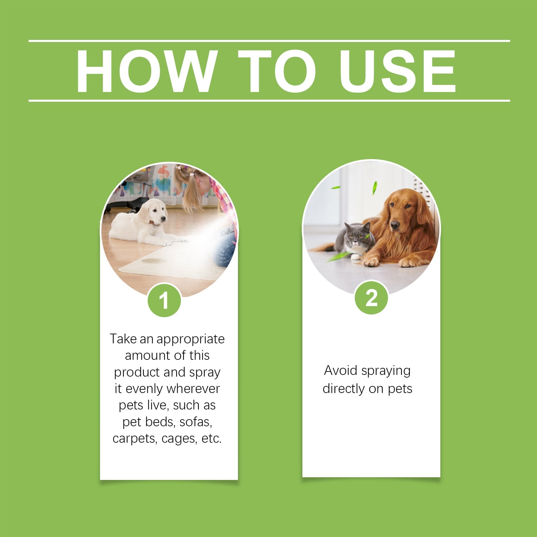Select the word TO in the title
277,71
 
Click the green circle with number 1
164,300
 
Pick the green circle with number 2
371,297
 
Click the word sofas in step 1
196,422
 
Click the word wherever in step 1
193,389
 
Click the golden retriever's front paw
371,261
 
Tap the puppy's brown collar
154,223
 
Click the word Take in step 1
123,339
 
